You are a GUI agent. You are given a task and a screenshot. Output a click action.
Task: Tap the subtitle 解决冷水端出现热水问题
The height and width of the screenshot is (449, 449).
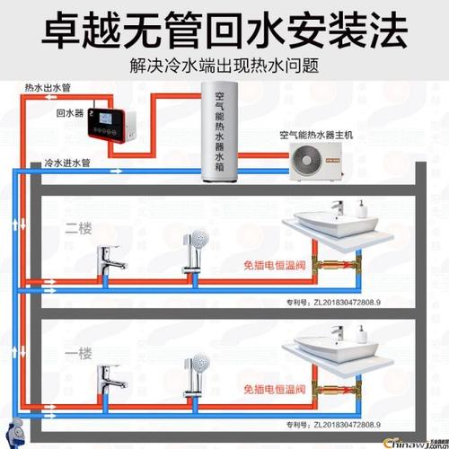pyautogui.click(x=224, y=66)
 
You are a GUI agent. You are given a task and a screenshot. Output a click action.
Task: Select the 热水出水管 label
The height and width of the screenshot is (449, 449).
pyautogui.click(x=46, y=88)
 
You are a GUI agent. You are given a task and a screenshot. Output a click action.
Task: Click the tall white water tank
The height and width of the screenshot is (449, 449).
pyautogui.click(x=224, y=135)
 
